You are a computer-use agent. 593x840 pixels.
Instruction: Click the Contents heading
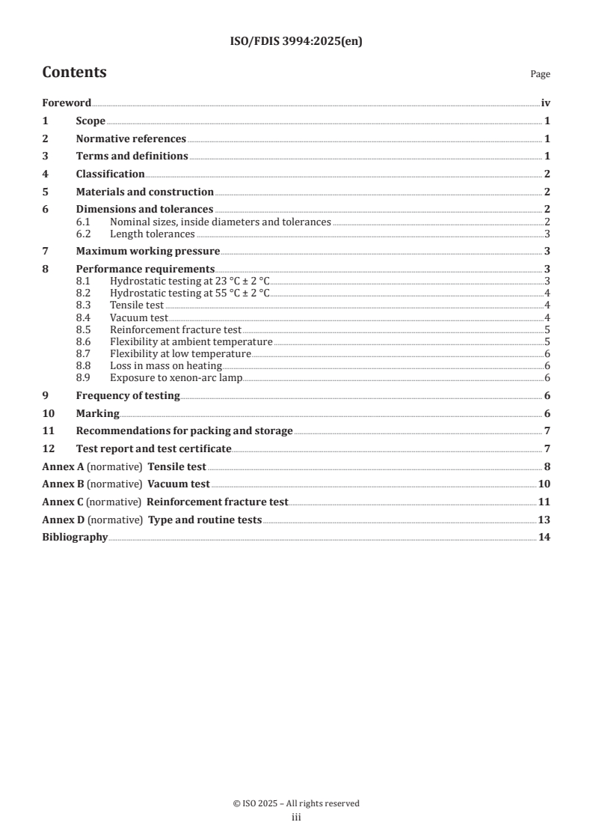74,73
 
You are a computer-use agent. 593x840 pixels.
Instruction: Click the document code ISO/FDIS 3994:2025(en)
296,42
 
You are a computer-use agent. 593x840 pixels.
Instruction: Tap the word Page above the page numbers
540,74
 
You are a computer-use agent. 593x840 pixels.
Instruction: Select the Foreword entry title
67,103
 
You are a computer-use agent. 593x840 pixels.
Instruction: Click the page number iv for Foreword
546,103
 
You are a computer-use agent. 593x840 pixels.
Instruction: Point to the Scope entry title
90,121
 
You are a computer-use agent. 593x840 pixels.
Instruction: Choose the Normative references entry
131,139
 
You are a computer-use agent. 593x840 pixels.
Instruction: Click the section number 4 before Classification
45,174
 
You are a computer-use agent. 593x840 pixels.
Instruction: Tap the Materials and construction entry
145,192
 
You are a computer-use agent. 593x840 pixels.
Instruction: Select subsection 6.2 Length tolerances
141,234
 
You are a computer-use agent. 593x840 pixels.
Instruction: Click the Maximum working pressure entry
148,252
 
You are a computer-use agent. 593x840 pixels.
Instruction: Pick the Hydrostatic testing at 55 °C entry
189,293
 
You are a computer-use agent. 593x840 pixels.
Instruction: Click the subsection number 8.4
84,317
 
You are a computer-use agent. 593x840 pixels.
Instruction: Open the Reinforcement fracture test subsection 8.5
176,329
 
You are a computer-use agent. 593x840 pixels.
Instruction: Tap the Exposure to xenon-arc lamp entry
176,378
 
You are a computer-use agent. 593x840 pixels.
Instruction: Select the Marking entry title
98,413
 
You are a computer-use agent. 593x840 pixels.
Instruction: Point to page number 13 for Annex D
544,520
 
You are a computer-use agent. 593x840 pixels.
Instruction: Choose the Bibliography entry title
75,538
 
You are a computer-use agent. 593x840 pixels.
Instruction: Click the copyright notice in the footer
296,804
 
